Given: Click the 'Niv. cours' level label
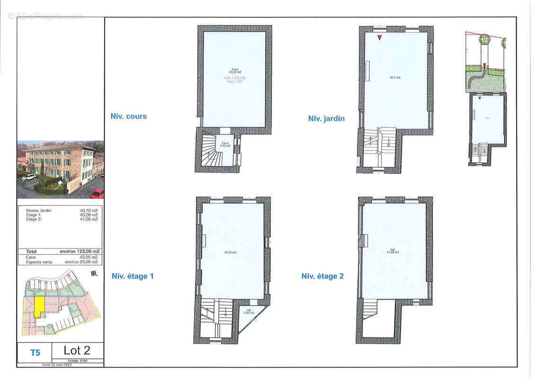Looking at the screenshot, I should point(128,116).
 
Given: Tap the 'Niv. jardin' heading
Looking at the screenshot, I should point(326,118).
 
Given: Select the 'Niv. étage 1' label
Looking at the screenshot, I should point(133,276).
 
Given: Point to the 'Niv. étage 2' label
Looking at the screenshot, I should point(322,276).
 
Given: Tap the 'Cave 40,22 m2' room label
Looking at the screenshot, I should point(232,71).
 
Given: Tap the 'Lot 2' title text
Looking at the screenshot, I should point(77,351).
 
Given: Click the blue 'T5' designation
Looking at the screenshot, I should point(35,352).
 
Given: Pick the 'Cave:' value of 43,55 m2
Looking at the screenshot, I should point(89,257).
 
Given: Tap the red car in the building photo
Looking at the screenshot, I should point(97,193).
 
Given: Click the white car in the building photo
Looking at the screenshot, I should point(28,177).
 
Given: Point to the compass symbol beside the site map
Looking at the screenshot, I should point(95,273).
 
